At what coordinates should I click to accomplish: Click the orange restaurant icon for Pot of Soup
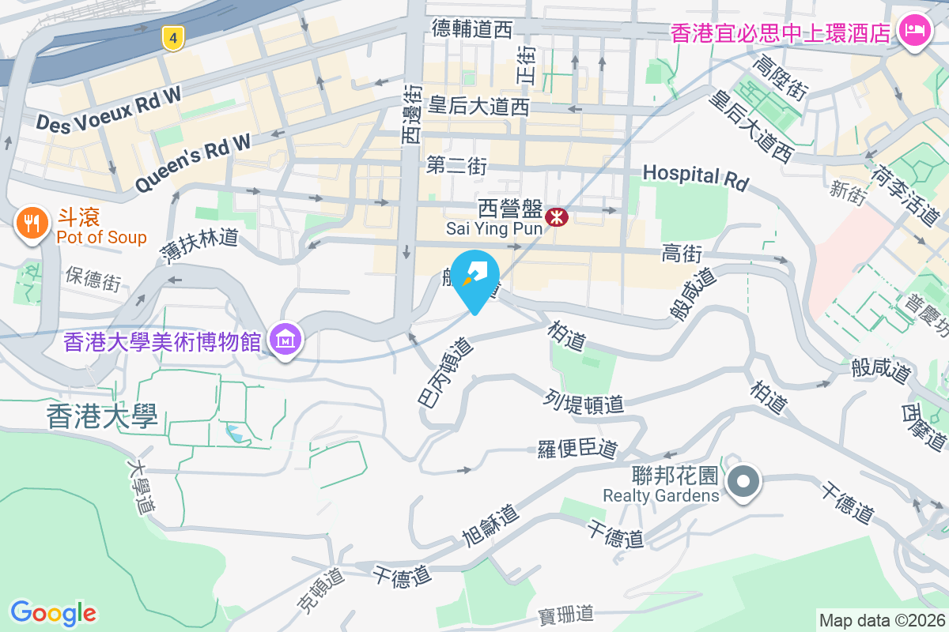[x=31, y=224]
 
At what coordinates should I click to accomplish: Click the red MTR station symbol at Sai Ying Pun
[x=557, y=216]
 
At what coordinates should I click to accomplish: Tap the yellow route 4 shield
[x=172, y=37]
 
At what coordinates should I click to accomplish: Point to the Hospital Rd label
[x=695, y=176]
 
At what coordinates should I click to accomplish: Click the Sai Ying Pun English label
[x=493, y=228]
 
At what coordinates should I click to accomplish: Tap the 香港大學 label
[x=103, y=416]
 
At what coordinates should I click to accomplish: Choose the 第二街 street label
[x=456, y=165]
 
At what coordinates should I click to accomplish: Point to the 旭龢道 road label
[x=490, y=526]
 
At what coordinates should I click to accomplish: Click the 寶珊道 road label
[x=565, y=614]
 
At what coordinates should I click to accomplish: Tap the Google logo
[x=54, y=612]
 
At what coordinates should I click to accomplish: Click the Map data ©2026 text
[x=882, y=620]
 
